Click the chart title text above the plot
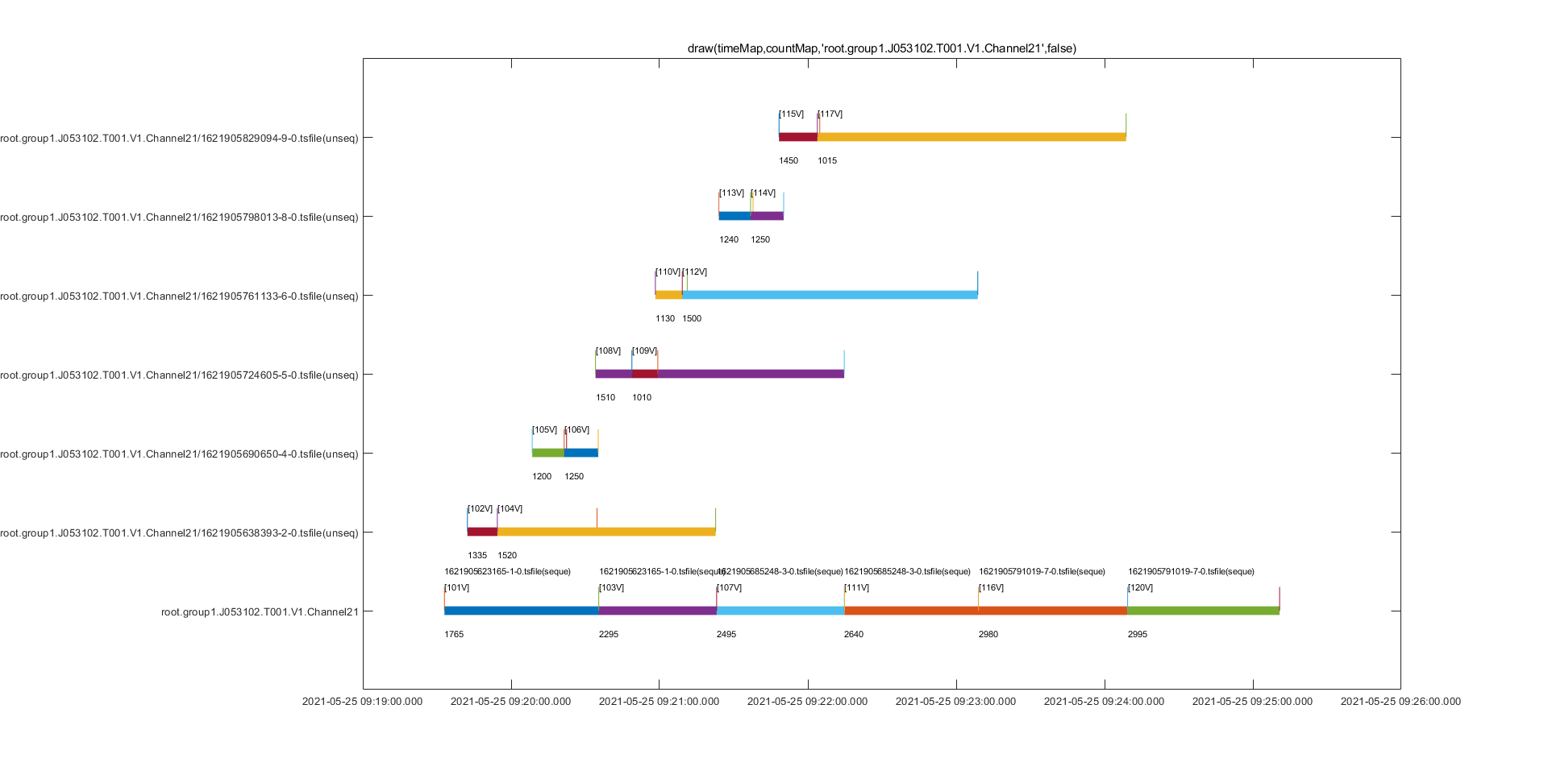click(x=881, y=48)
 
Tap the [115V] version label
click(x=791, y=114)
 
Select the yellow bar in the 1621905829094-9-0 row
click(x=972, y=137)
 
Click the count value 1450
click(x=788, y=161)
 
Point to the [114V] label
click(x=763, y=193)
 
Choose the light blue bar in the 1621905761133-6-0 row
click(x=830, y=295)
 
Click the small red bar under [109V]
click(x=644, y=374)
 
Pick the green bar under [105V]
click(x=547, y=453)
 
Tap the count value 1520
click(x=507, y=556)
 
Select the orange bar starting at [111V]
click(x=985, y=611)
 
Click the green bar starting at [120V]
click(x=1203, y=611)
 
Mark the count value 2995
click(x=1137, y=635)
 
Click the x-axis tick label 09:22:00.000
click(x=807, y=702)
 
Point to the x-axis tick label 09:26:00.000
click(x=1400, y=702)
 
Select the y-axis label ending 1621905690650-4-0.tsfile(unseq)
click(x=179, y=454)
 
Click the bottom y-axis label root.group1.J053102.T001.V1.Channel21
click(x=260, y=612)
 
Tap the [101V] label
click(x=456, y=588)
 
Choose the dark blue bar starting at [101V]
click(x=521, y=611)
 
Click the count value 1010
click(x=642, y=398)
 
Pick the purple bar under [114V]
click(x=767, y=216)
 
